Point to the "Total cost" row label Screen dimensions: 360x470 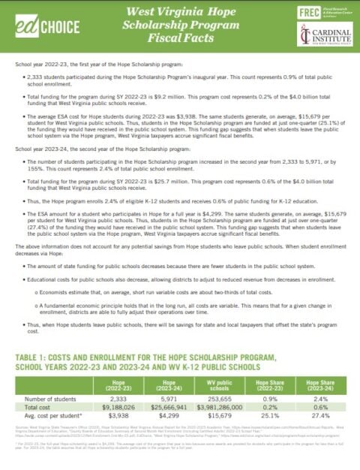click(x=37, y=407)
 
